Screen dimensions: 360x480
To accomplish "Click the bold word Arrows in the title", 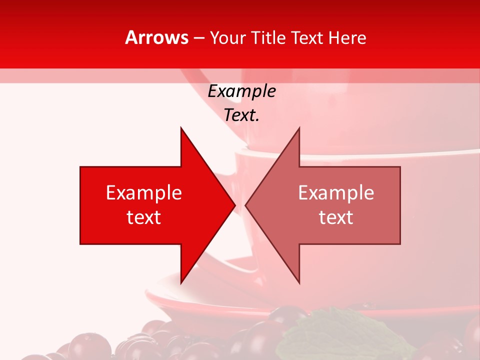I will [x=157, y=37].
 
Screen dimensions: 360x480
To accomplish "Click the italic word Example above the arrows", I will [x=242, y=91].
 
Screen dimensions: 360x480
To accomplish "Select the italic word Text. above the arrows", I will [x=242, y=115].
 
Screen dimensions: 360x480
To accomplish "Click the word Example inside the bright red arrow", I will [x=144, y=192].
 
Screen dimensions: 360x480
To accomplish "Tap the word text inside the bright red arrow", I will [x=144, y=217].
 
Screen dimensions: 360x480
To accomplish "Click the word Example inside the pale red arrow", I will [x=336, y=192].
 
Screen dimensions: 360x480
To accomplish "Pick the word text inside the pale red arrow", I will [x=336, y=217].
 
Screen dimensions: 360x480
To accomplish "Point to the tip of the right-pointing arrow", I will [x=234, y=205].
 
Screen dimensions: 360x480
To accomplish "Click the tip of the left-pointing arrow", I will [x=246, y=205].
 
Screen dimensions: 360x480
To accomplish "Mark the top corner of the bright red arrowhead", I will [x=181, y=128].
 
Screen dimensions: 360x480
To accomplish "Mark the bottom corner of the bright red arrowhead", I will [x=181, y=283].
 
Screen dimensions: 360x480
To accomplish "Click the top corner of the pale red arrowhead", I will [x=299, y=128].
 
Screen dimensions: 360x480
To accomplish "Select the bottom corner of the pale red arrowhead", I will [x=299, y=283].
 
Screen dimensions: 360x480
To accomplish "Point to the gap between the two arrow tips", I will [x=240, y=205].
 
